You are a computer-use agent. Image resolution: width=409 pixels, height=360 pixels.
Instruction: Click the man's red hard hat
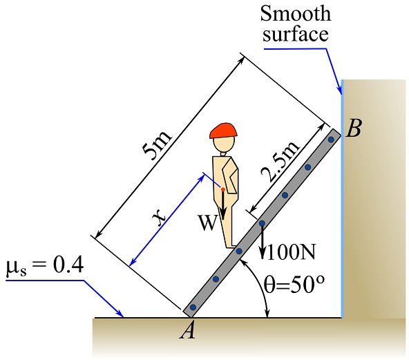pyautogui.click(x=223, y=131)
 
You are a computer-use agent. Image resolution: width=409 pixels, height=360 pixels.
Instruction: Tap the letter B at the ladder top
pyautogui.click(x=354, y=128)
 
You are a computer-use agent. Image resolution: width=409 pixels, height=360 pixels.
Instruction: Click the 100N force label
pyautogui.click(x=292, y=252)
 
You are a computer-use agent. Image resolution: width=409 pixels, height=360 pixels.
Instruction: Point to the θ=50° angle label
pyautogui.click(x=294, y=284)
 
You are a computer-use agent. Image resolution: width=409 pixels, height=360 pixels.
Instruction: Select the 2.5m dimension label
pyautogui.click(x=280, y=162)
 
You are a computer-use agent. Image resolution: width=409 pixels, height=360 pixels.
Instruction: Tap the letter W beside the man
pyautogui.click(x=208, y=223)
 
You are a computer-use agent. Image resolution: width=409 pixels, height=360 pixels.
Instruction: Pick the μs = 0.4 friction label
pyautogui.click(x=45, y=266)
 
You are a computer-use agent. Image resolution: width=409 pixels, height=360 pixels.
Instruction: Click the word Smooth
pyautogui.click(x=296, y=13)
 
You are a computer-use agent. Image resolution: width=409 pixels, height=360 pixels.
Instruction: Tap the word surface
pyautogui.click(x=295, y=34)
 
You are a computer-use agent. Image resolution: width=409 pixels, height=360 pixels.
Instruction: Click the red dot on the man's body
pyautogui.click(x=223, y=189)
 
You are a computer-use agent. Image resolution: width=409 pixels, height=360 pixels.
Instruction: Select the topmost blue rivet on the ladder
pyautogui.click(x=331, y=140)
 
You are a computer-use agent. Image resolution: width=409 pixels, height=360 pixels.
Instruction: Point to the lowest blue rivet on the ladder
pyautogui.click(x=193, y=307)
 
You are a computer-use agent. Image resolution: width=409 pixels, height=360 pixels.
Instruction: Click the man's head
pyautogui.click(x=224, y=144)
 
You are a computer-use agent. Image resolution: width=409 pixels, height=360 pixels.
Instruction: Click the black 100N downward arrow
pyautogui.click(x=263, y=241)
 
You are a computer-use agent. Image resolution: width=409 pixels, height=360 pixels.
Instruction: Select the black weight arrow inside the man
pyautogui.click(x=223, y=205)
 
